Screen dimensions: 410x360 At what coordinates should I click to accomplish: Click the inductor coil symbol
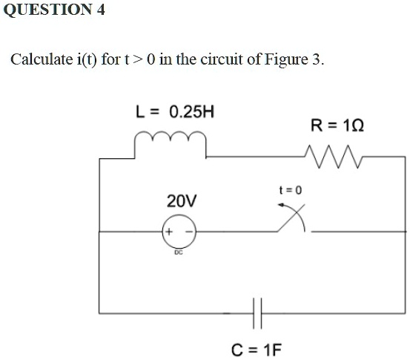(171, 135)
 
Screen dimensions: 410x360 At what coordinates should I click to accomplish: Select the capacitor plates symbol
(257, 313)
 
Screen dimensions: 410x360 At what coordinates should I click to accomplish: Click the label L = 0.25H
(175, 112)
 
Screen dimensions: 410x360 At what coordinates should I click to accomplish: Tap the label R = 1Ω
(337, 125)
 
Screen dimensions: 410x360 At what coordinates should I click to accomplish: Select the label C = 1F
(257, 350)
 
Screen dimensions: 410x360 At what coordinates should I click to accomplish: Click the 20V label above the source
(182, 201)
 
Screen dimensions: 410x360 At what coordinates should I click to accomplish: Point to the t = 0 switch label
(290, 190)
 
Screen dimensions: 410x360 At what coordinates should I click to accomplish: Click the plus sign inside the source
(169, 232)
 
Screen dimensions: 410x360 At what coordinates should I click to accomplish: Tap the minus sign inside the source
(189, 232)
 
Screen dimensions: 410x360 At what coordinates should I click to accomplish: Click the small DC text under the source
(179, 252)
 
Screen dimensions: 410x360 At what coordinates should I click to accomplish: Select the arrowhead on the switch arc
(281, 205)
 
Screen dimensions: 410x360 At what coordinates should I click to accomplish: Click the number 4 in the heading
(100, 10)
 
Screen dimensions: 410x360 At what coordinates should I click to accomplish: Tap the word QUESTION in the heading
(47, 10)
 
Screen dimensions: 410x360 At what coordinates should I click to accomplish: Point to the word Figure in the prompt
(286, 59)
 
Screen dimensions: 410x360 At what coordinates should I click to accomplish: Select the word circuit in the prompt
(222, 59)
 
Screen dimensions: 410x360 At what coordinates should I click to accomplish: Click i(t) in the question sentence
(87, 59)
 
